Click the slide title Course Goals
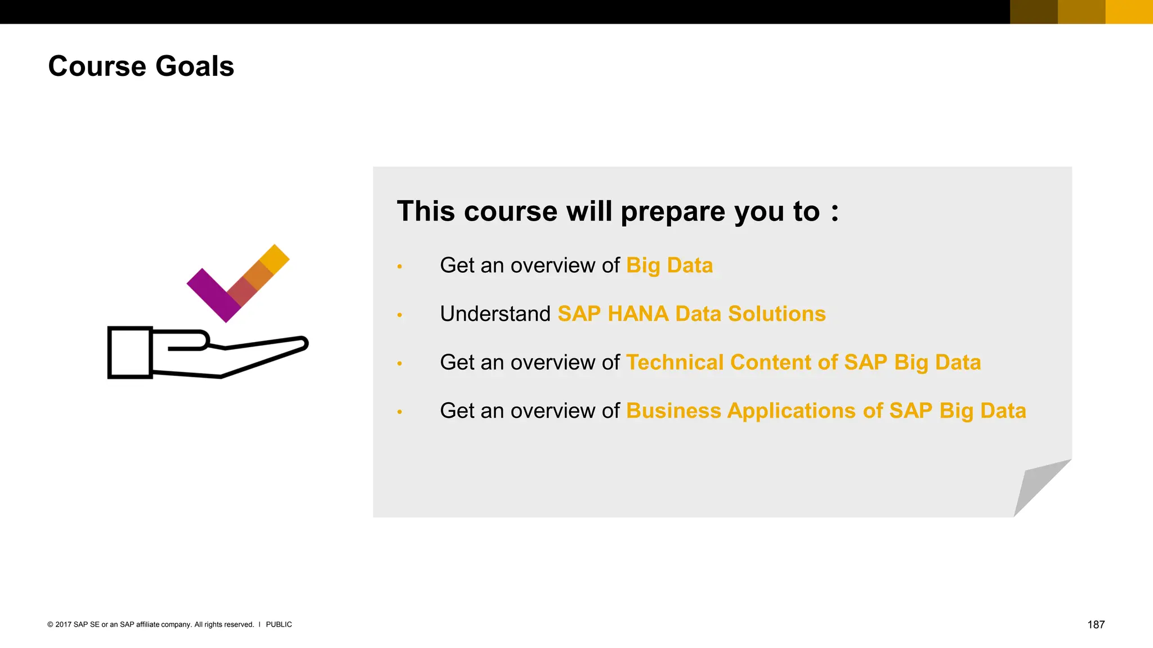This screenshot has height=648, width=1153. [141, 66]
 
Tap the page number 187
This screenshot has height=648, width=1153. [1096, 624]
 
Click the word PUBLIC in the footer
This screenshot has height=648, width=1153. [279, 624]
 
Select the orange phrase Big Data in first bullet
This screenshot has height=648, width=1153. [669, 265]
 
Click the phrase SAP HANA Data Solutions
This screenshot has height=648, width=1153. [691, 314]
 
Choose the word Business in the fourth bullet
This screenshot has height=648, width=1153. [673, 411]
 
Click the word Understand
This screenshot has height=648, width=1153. [495, 314]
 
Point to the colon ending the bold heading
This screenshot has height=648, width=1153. [834, 213]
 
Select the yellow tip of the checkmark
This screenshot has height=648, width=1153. [275, 258]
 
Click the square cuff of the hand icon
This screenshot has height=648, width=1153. [130, 353]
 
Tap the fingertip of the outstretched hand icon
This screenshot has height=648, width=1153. [302, 343]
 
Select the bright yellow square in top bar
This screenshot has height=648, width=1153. [1129, 12]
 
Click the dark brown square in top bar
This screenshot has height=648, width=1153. [1034, 12]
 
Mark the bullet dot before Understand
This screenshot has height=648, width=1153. [400, 315]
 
